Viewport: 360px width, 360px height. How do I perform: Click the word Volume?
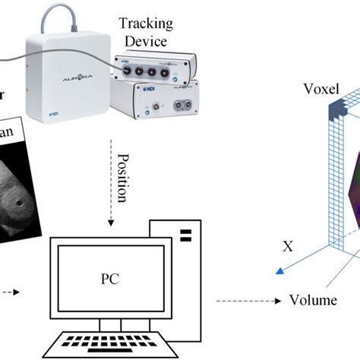pos(313,299)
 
